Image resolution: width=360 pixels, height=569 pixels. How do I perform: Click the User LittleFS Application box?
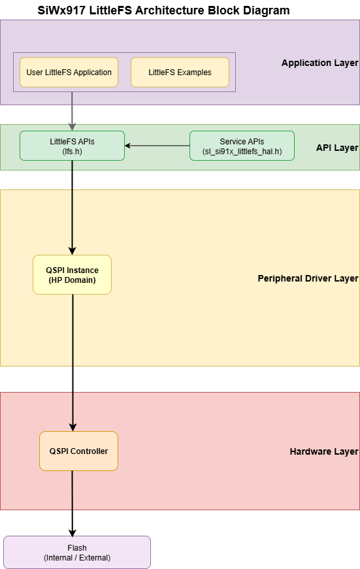pyautogui.click(x=69, y=72)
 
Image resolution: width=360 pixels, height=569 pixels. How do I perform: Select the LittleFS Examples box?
pyautogui.click(x=180, y=72)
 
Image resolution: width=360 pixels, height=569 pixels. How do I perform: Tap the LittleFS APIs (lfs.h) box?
pyautogui.click(x=72, y=145)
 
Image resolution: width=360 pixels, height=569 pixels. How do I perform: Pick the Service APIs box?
pyautogui.click(x=242, y=145)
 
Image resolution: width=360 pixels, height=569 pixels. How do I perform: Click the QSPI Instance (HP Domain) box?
pyautogui.click(x=72, y=274)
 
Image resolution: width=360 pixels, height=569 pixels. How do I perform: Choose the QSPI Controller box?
pyautogui.click(x=78, y=451)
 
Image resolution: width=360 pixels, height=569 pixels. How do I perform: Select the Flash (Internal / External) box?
pyautogui.click(x=77, y=552)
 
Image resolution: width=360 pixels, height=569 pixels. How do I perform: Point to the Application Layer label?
pyautogui.click(x=319, y=63)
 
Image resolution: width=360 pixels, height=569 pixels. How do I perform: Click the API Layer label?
pyautogui.click(x=337, y=148)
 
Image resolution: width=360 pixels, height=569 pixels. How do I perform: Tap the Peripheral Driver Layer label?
pyautogui.click(x=308, y=279)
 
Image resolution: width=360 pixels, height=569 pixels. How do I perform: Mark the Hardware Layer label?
pyautogui.click(x=323, y=451)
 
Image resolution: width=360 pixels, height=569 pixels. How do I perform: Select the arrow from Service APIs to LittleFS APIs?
pyautogui.click(x=157, y=145)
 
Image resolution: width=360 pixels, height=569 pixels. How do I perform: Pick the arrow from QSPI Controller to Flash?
pyautogui.click(x=72, y=503)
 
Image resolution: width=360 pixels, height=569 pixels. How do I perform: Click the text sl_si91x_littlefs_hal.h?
pyautogui.click(x=242, y=151)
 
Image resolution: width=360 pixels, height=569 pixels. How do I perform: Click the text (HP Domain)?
pyautogui.click(x=72, y=280)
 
